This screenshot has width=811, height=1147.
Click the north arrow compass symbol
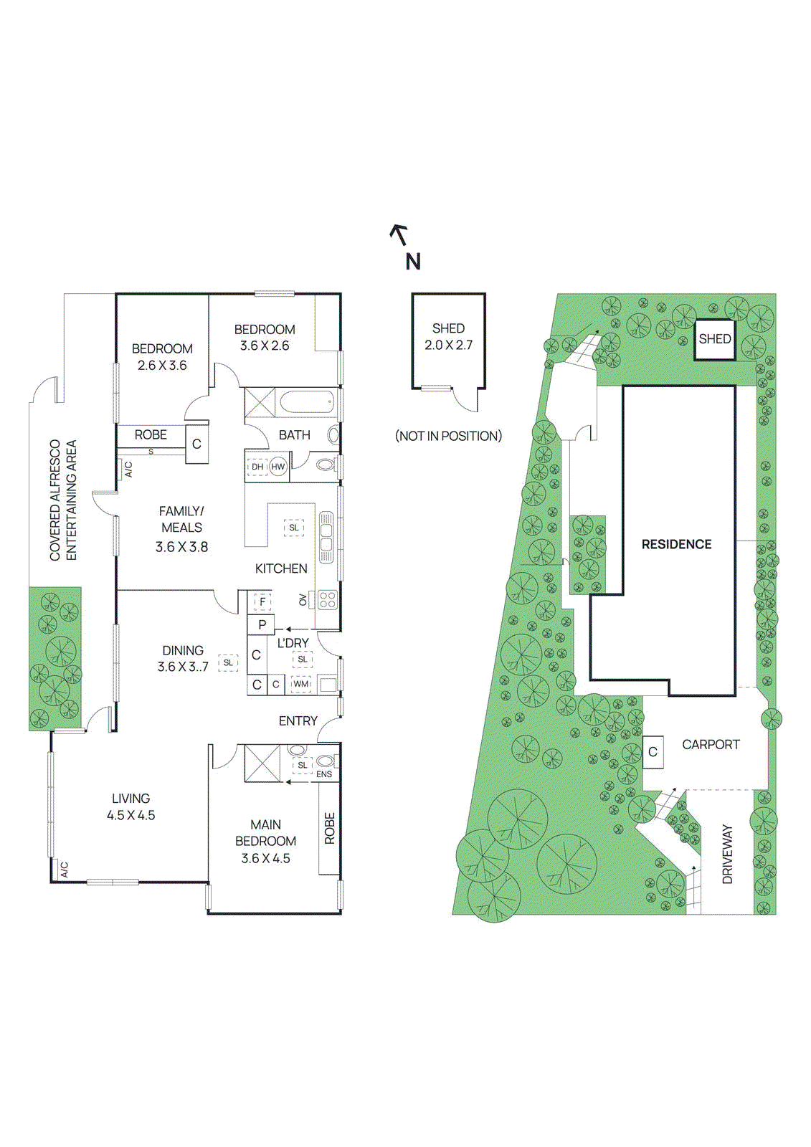pyautogui.click(x=399, y=234)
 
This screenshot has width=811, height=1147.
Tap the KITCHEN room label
pyautogui.click(x=281, y=568)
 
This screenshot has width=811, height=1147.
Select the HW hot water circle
pyautogui.click(x=278, y=467)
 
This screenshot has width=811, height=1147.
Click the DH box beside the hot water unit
pyautogui.click(x=257, y=467)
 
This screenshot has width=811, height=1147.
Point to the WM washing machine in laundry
pyautogui.click(x=301, y=684)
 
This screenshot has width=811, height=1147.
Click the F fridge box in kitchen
pyautogui.click(x=262, y=602)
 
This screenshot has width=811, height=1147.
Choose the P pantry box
pyautogui.click(x=262, y=624)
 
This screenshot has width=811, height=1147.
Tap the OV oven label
pyautogui.click(x=303, y=599)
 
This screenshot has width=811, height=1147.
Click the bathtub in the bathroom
pyautogui.click(x=306, y=402)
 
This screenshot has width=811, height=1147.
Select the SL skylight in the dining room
pyautogui.click(x=228, y=662)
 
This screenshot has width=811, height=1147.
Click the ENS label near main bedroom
pyautogui.click(x=324, y=774)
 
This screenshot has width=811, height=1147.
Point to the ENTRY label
pyautogui.click(x=298, y=720)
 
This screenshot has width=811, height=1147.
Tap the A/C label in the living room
pyautogui.click(x=64, y=870)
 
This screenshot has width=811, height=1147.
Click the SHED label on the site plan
pyautogui.click(x=715, y=338)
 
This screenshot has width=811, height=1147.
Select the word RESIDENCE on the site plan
pyautogui.click(x=676, y=544)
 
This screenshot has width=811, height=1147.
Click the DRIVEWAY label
pyautogui.click(x=727, y=854)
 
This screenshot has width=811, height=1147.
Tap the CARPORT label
pyautogui.click(x=711, y=745)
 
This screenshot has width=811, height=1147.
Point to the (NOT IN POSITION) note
pyautogui.click(x=449, y=436)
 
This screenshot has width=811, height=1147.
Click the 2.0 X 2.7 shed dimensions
pyautogui.click(x=448, y=345)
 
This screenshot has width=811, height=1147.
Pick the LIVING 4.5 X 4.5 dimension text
pyautogui.click(x=131, y=815)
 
